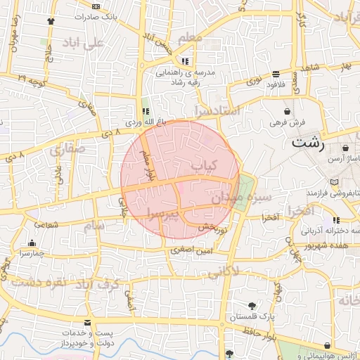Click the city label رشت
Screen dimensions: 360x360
pos(308,143)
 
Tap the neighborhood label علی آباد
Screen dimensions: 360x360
pos(82,43)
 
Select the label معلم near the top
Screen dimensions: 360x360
pos(191,37)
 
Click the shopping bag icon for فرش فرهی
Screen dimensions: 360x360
pos(287,111)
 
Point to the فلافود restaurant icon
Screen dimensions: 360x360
pos(276,74)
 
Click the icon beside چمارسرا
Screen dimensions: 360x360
pos(32,243)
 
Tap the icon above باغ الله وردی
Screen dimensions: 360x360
pos(146,110)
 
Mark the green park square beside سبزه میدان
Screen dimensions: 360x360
pos(245,186)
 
